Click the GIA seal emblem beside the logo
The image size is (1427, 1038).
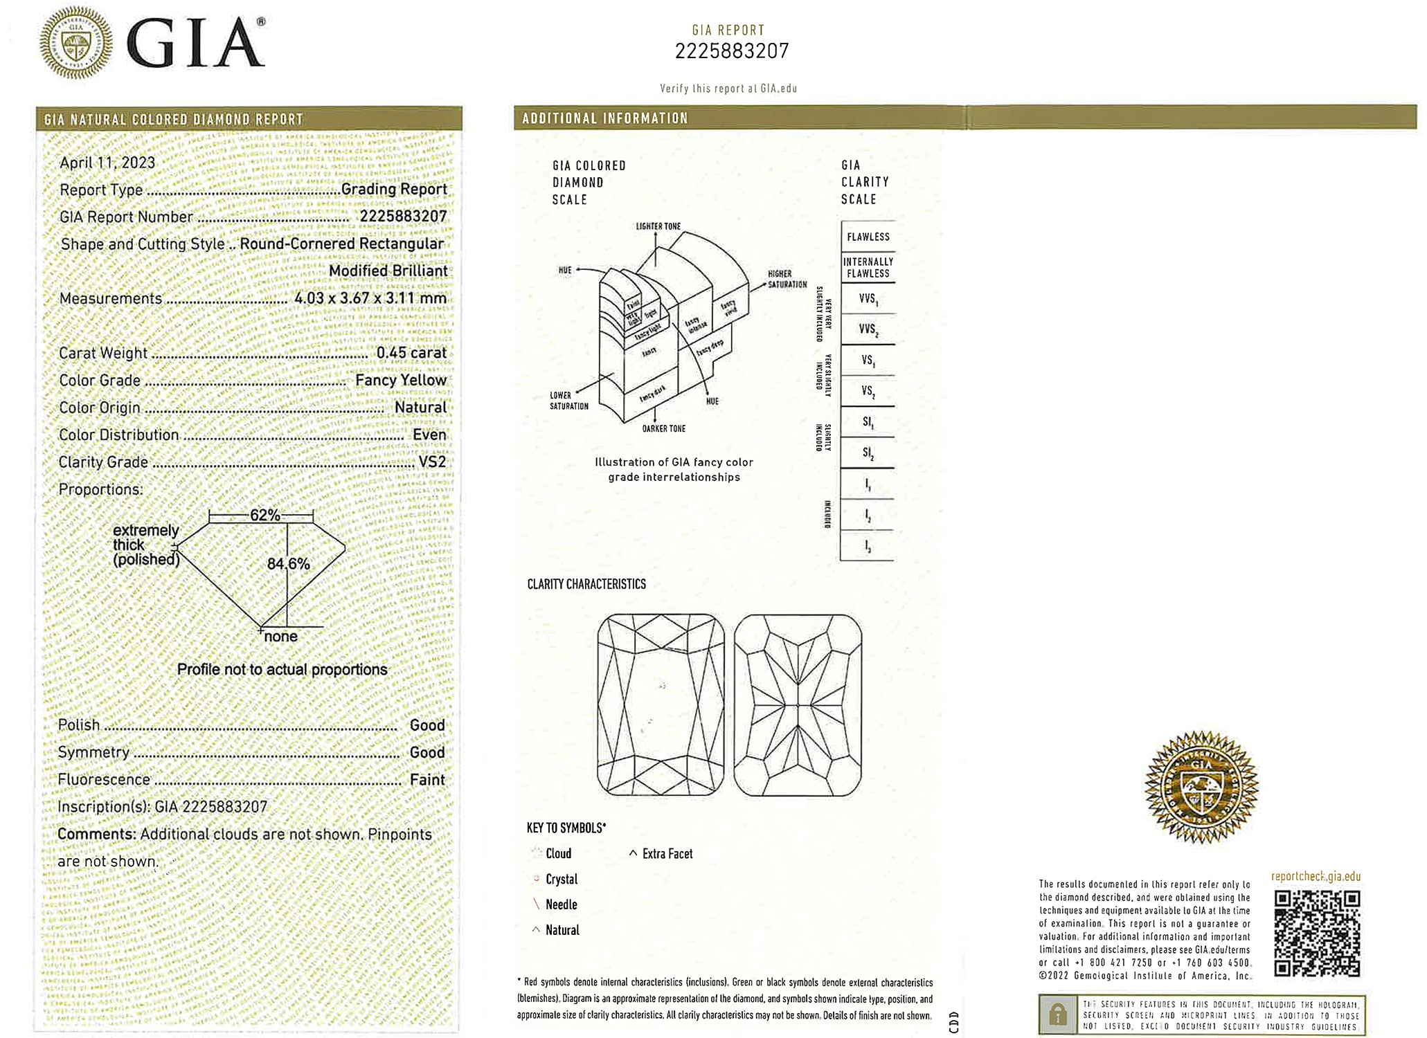tap(75, 43)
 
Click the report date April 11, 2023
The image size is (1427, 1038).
tap(107, 163)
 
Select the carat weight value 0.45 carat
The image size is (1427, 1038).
tap(411, 353)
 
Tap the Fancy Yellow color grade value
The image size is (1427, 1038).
tap(400, 380)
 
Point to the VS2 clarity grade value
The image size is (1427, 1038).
tap(432, 462)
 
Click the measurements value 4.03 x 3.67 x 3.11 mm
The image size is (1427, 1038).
tap(370, 298)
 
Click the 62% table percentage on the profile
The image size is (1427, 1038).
tap(264, 516)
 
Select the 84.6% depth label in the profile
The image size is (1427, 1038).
tap(288, 564)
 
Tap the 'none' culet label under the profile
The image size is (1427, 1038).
tap(280, 637)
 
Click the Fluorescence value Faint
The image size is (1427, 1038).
tap(427, 780)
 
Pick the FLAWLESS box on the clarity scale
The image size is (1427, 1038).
tap(868, 237)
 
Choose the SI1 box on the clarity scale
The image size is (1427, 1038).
tap(868, 421)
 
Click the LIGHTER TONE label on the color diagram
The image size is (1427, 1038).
tap(658, 226)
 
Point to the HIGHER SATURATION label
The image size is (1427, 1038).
tap(787, 279)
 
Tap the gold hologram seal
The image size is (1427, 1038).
tap(1201, 787)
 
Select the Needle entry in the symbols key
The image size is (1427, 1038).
tap(561, 904)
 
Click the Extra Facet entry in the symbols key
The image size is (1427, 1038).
tap(667, 854)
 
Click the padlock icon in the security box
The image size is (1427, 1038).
tap(1057, 1015)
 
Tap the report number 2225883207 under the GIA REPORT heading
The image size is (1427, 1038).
tap(731, 51)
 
